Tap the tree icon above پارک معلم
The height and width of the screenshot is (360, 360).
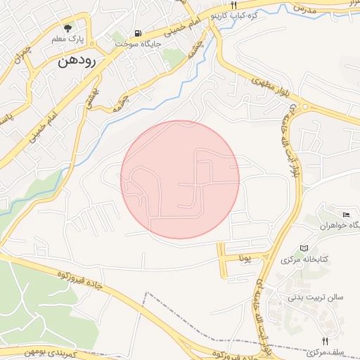(67, 29)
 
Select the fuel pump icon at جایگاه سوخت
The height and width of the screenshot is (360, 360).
(138, 33)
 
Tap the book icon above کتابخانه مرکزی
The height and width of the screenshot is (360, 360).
(304, 248)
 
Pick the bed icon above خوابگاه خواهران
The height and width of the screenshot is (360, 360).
(345, 214)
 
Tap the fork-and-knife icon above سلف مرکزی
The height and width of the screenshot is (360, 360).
(324, 340)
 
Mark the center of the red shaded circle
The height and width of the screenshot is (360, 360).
(180, 179)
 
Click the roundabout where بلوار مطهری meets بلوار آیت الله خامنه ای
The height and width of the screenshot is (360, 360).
(304, 107)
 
